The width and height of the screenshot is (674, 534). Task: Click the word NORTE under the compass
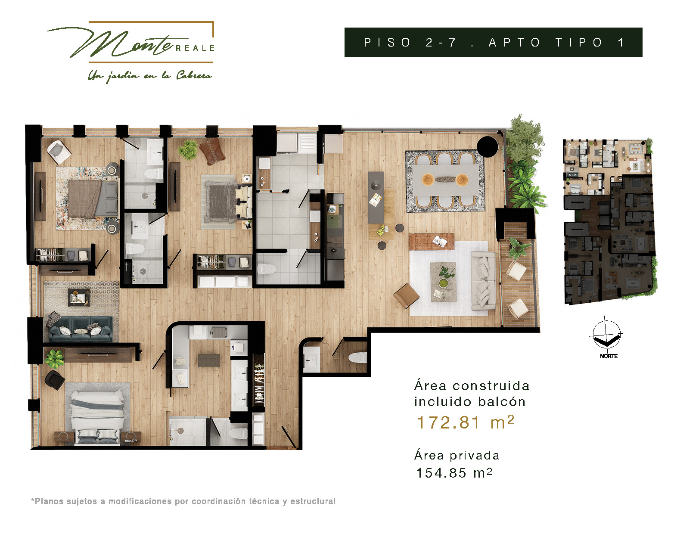point(609,356)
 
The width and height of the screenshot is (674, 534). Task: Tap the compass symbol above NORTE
point(606,334)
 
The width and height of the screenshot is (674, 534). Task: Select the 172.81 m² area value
point(466,422)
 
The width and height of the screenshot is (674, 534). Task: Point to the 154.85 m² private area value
point(454,473)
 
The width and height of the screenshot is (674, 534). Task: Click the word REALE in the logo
point(195,48)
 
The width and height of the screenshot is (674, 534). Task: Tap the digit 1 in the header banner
point(621,42)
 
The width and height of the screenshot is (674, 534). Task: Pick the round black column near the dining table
point(488,147)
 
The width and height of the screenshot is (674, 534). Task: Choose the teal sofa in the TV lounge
point(80,329)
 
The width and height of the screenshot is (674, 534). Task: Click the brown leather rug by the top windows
point(212,152)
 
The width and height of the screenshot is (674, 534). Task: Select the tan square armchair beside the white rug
point(406,296)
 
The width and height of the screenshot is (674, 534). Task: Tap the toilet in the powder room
point(357,357)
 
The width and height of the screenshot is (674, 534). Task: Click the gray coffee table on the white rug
point(443,282)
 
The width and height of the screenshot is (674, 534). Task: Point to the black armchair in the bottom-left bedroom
point(55,380)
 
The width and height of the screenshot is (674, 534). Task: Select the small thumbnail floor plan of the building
point(610,221)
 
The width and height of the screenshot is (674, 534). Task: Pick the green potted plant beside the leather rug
point(188,149)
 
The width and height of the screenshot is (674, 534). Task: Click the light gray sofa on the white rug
point(483,281)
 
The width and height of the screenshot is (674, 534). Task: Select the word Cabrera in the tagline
point(194,76)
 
